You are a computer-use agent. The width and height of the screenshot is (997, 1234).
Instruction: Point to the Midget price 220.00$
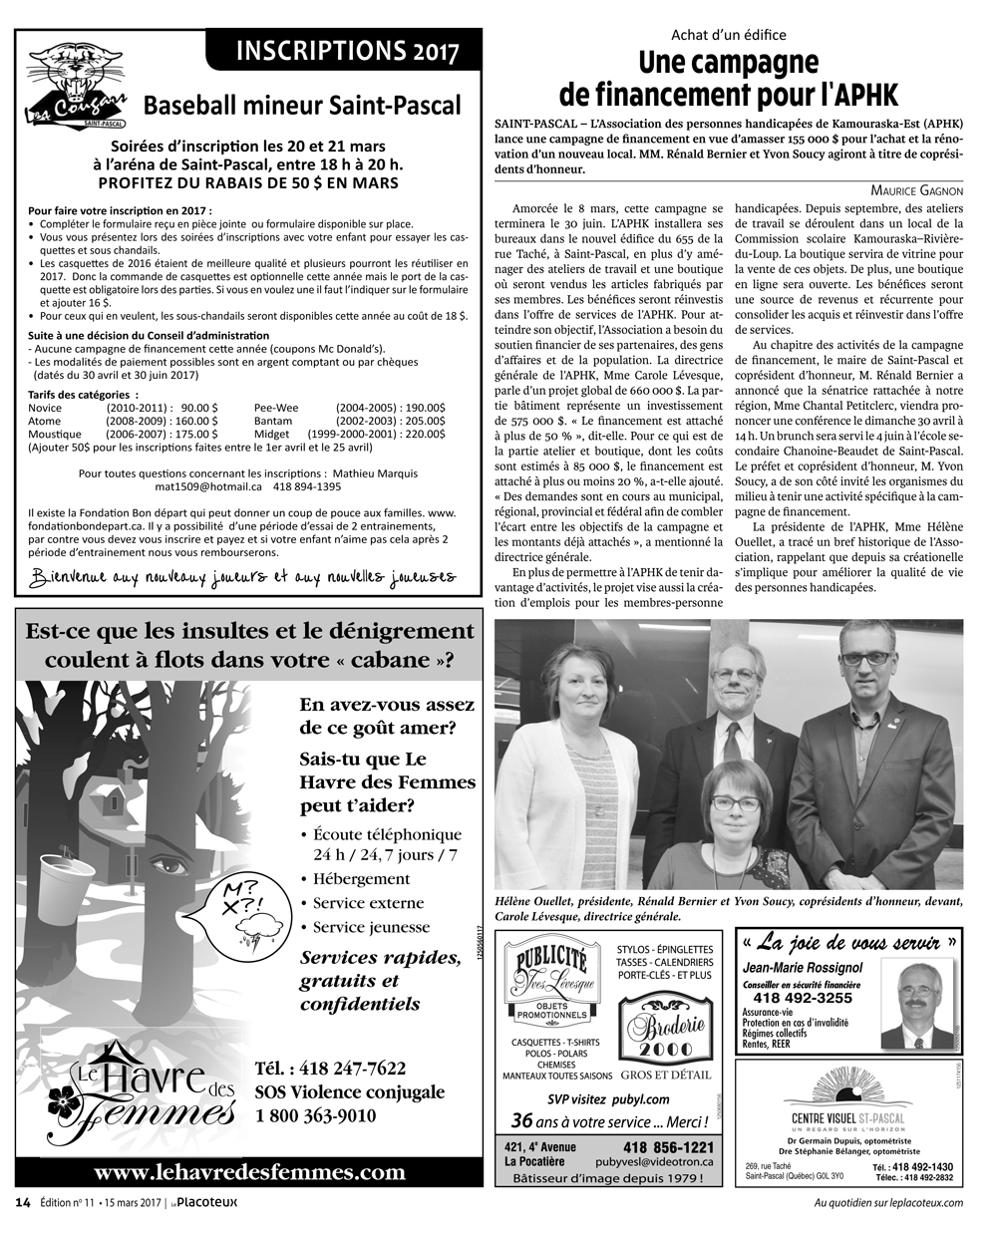coord(424,434)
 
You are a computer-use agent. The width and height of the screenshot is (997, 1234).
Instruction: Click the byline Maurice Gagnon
coord(916,189)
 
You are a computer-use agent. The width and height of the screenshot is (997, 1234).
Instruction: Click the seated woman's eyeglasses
coord(734,803)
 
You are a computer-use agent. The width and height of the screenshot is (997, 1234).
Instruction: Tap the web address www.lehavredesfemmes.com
coord(250,1172)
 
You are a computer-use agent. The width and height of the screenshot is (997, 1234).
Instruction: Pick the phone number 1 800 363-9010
coord(315,1115)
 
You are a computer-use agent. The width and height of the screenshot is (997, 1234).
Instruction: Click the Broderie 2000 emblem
coord(665,1033)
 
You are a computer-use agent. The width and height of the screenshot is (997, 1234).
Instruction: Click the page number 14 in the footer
coord(22,1202)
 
